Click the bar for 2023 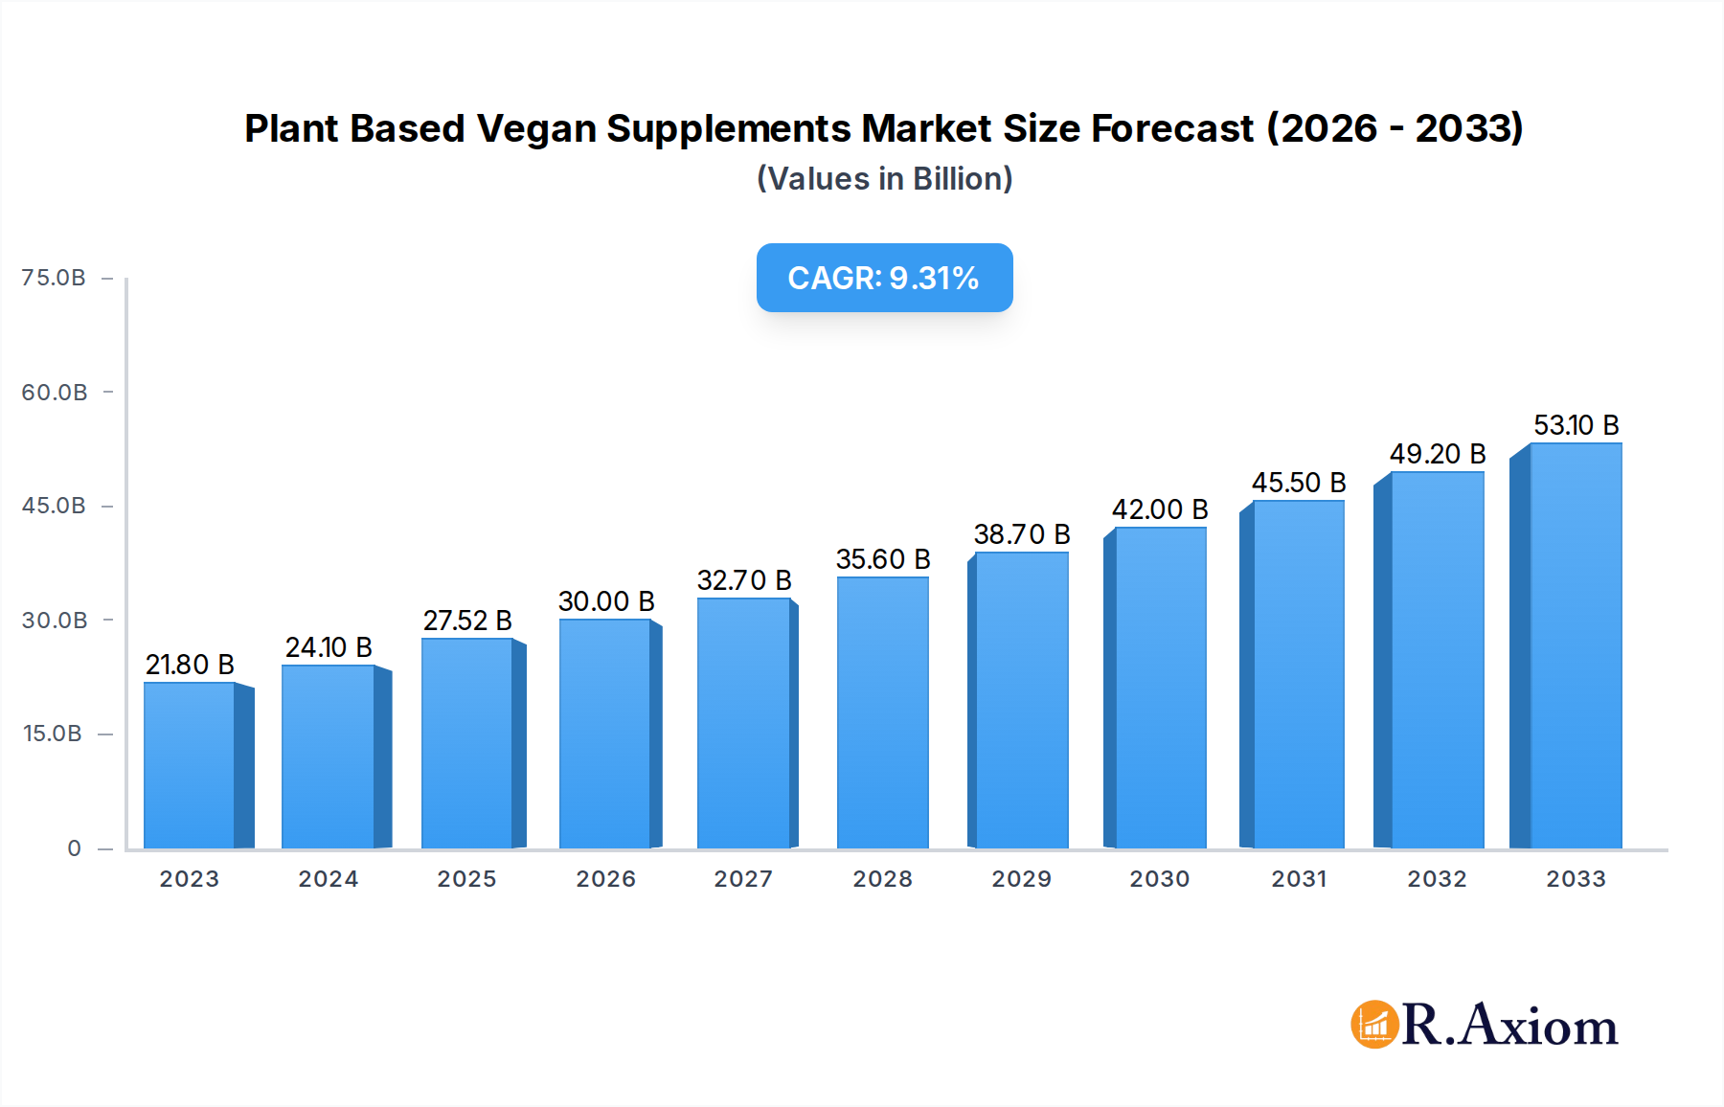click(x=190, y=765)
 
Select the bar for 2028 click(x=883, y=712)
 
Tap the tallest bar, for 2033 click(x=1576, y=645)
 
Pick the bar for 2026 click(x=605, y=734)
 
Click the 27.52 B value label click(x=467, y=621)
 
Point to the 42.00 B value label click(x=1160, y=509)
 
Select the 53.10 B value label click(x=1576, y=425)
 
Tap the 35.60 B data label click(x=883, y=559)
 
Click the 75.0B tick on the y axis click(x=54, y=278)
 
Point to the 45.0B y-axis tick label click(x=54, y=506)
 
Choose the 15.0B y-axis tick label click(x=53, y=734)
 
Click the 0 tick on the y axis click(x=74, y=848)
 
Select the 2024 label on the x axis click(x=329, y=879)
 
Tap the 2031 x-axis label click(x=1299, y=879)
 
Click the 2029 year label click(x=1021, y=879)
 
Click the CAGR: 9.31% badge click(x=884, y=278)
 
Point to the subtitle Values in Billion click(x=884, y=179)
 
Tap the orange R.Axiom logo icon click(x=1374, y=1025)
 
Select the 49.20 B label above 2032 click(x=1438, y=454)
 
